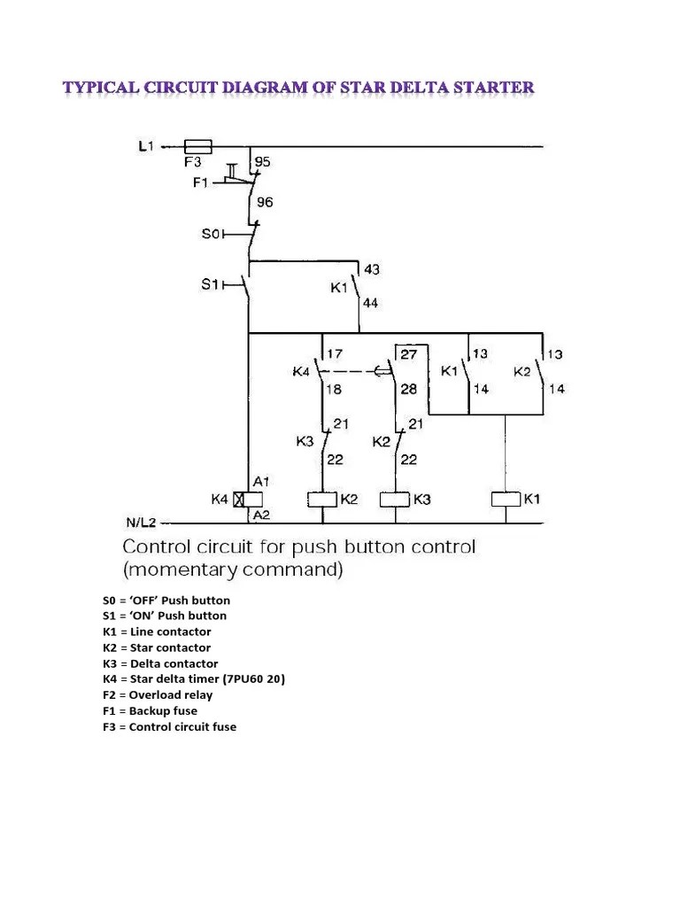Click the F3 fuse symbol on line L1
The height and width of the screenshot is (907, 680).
pos(196,147)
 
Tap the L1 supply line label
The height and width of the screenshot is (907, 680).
pos(147,148)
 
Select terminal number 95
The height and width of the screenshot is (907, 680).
pos(262,162)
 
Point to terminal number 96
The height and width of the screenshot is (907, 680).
pos(264,202)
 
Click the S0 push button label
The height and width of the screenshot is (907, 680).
pos(210,234)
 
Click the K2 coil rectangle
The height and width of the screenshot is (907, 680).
pos(320,499)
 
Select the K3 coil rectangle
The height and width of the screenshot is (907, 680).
pos(394,499)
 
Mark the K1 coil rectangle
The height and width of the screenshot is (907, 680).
pos(505,499)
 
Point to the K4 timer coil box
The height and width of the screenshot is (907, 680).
pos(238,499)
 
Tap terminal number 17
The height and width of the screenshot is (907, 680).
pos(335,354)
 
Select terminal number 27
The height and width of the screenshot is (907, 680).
pos(409,354)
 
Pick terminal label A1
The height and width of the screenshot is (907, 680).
pos(261,481)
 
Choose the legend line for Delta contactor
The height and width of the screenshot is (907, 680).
pos(161,663)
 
